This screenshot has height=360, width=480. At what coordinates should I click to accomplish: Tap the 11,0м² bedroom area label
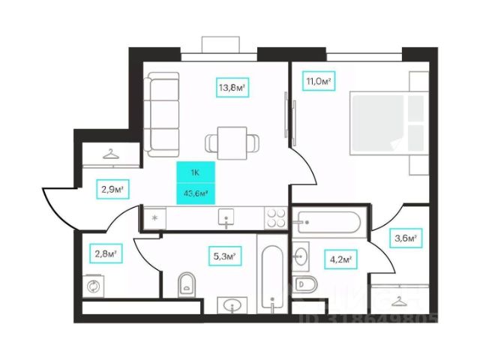pos(318,80)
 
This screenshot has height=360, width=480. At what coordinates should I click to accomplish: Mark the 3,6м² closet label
pos(406,239)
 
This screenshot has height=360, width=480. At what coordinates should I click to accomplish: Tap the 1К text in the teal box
pos(195,173)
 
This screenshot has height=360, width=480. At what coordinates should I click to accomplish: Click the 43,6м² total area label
pos(195,193)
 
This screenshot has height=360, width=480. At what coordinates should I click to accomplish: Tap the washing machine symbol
pos(94,286)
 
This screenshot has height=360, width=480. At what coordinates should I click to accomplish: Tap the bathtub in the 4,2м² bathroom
pos(327,223)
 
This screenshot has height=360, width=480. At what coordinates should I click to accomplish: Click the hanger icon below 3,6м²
pos(397,301)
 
